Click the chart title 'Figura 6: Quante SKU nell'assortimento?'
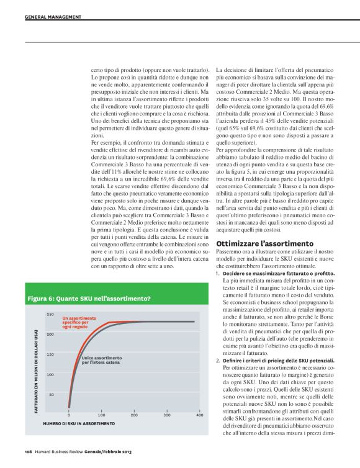coord(89,299)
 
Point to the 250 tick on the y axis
coord(50,315)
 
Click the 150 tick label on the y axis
coord(50,354)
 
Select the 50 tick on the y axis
coord(52,394)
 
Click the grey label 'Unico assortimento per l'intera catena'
coord(101,360)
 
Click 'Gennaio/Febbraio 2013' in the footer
coord(107,451)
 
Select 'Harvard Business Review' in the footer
coord(59,451)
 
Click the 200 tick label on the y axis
coord(50,335)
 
